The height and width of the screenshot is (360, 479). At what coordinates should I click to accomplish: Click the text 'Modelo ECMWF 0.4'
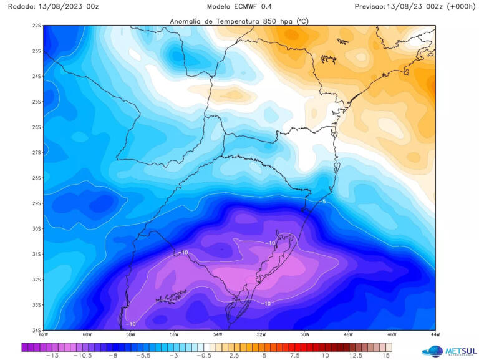point(239,6)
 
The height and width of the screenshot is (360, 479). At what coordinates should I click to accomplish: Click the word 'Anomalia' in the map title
point(188,21)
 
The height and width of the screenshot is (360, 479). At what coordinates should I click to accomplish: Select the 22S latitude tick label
point(37,26)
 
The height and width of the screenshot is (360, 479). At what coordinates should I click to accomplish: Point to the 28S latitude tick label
point(37,178)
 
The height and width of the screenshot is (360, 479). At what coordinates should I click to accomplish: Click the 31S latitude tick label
point(37,254)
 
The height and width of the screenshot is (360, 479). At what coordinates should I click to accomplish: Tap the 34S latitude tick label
point(37,330)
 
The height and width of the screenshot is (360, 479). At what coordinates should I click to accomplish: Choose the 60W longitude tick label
point(87,335)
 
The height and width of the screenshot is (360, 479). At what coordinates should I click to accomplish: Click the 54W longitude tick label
point(217,335)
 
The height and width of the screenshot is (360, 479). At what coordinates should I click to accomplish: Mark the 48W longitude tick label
point(347,335)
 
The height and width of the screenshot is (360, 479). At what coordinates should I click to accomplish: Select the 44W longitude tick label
point(434,335)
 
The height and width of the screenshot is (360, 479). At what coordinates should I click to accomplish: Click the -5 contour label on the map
point(323,202)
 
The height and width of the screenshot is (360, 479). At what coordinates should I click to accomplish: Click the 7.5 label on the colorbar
point(295,356)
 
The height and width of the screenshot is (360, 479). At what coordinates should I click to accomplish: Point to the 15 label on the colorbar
point(387,356)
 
